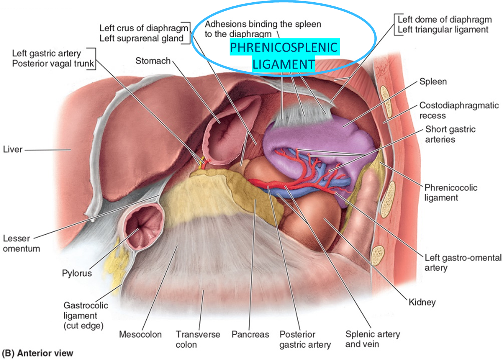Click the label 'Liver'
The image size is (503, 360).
point(12,150)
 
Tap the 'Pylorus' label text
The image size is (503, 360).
point(77,273)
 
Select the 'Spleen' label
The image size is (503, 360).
point(433,81)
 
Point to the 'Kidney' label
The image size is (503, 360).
point(422,302)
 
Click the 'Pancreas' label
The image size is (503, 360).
point(250,334)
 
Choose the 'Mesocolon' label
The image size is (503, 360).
point(140,334)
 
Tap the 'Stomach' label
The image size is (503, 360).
point(153,61)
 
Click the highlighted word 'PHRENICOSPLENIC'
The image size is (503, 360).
point(284,47)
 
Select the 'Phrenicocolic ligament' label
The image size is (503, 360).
point(450,193)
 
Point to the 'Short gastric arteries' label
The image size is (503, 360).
point(450,134)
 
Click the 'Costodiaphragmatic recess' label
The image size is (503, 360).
point(459,110)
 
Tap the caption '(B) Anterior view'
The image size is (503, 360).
point(37,353)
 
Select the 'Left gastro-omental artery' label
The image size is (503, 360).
point(463,263)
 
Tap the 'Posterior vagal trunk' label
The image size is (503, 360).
point(53,63)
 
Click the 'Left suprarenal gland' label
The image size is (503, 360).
point(141,38)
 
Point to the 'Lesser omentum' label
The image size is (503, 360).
point(21,244)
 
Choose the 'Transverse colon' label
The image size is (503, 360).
point(198,339)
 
